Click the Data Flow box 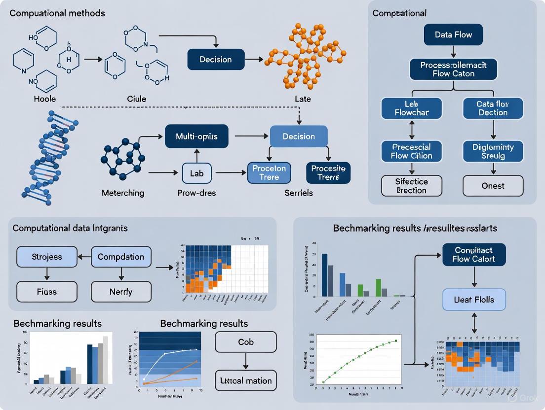point(453,34)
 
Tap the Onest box point(493,186)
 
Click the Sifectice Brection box point(412,186)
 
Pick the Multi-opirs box point(196,137)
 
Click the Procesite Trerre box point(328,173)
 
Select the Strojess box point(47,257)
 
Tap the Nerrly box point(121,292)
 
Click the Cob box point(246,342)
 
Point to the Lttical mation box point(246,380)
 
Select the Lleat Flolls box point(474,300)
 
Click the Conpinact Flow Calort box point(474,255)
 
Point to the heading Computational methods point(57,13)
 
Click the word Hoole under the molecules point(44,99)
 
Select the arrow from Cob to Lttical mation point(246,361)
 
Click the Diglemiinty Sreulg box point(493,151)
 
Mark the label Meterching point(123,193)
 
